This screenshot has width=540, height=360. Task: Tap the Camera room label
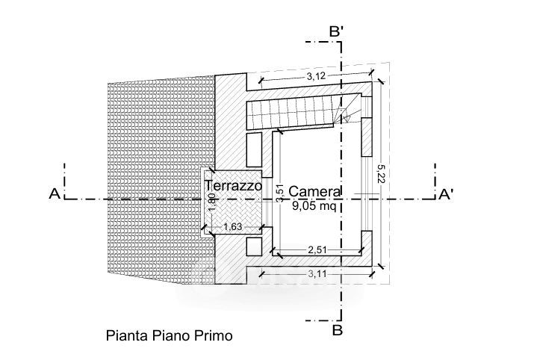315,190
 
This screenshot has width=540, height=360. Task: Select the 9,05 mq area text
313,208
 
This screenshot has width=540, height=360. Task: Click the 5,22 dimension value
382,173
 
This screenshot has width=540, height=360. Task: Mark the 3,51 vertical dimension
279,193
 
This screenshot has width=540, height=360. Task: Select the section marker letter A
54,194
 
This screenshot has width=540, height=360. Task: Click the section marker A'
446,195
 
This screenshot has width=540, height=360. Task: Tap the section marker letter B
337,328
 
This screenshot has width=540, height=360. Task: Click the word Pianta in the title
125,336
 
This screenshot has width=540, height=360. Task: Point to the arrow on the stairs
344,115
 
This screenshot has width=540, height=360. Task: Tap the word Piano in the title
170,336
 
